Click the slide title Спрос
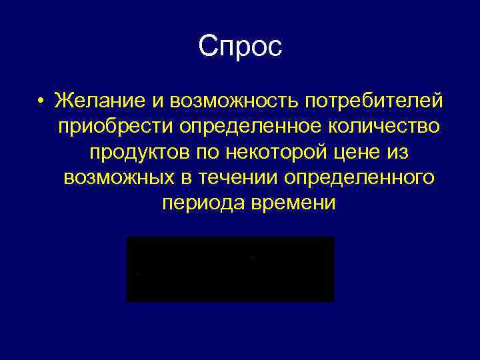coord(240,47)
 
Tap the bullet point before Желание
coord(41,101)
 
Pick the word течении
coord(241,178)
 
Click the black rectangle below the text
coord(230,269)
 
